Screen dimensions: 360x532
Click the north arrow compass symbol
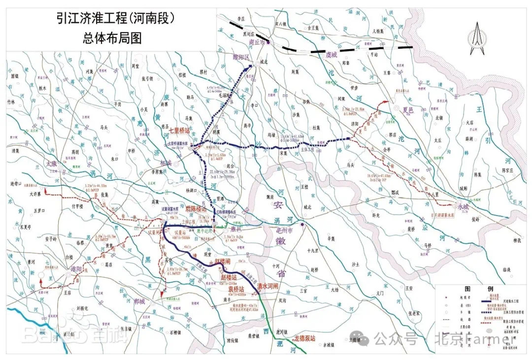pos(475,38)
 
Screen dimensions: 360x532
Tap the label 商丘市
pos(258,42)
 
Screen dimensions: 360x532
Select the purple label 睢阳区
pos(242,58)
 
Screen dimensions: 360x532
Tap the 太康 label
pos(52,163)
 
